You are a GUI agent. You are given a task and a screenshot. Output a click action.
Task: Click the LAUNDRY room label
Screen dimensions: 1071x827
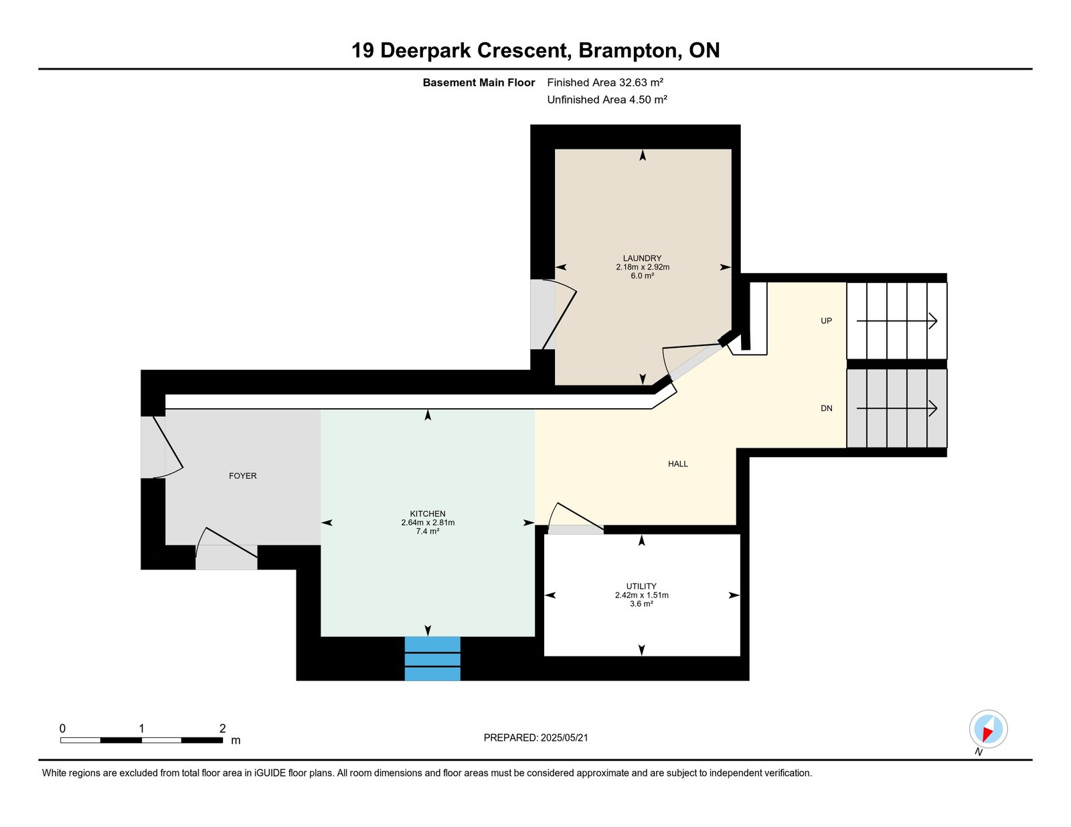click(642, 258)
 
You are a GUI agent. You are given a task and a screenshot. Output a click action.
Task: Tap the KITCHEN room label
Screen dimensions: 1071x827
click(427, 514)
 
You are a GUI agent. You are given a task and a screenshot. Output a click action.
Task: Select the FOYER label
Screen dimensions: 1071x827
click(242, 476)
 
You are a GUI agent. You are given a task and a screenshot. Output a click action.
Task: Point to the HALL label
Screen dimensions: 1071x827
click(677, 464)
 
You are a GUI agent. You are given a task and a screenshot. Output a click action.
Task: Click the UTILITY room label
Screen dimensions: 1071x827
click(641, 586)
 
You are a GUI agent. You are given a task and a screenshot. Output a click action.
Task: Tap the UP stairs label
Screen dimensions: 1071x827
click(826, 320)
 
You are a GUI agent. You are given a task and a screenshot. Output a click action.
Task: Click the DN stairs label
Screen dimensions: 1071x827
click(827, 408)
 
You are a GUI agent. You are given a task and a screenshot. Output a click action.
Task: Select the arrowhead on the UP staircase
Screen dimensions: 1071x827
click(932, 321)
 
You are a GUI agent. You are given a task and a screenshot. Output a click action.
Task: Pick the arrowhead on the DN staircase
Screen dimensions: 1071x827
click(932, 408)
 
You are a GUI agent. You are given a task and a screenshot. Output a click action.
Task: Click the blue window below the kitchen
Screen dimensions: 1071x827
click(432, 658)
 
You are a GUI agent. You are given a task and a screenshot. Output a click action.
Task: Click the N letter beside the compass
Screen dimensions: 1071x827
click(979, 752)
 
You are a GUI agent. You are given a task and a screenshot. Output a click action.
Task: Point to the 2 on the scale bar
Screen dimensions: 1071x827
click(222, 728)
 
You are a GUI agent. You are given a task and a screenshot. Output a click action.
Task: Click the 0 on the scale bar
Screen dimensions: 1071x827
click(63, 728)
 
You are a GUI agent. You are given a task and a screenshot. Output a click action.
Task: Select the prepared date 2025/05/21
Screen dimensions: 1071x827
click(564, 737)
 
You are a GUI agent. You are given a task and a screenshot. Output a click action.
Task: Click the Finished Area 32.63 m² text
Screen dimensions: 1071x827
click(605, 82)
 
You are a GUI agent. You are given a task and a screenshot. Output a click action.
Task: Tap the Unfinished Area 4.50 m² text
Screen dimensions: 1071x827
click(607, 100)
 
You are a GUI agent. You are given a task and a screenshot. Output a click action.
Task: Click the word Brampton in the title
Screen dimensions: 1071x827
click(630, 51)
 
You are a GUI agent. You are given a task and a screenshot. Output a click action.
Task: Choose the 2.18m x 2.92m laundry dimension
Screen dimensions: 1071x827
click(642, 267)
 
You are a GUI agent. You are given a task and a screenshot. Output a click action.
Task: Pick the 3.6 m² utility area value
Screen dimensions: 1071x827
click(641, 604)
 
